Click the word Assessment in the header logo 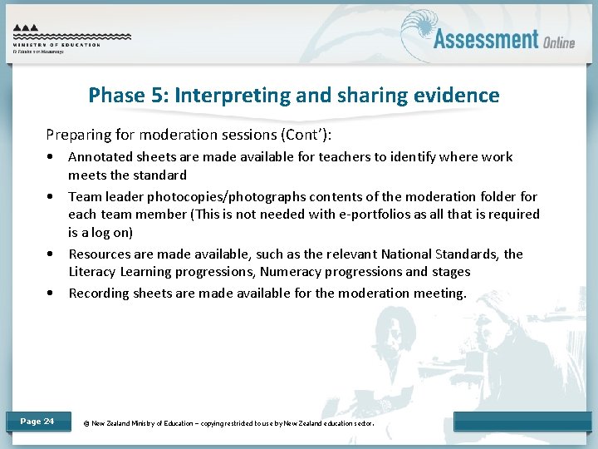pyautogui.click(x=486, y=39)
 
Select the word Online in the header pyautogui.click(x=559, y=42)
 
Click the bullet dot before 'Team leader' pyautogui.click(x=52, y=197)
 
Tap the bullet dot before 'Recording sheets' pyautogui.click(x=52, y=294)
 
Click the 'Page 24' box pyautogui.click(x=37, y=422)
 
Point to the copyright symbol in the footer pyautogui.click(x=87, y=423)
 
